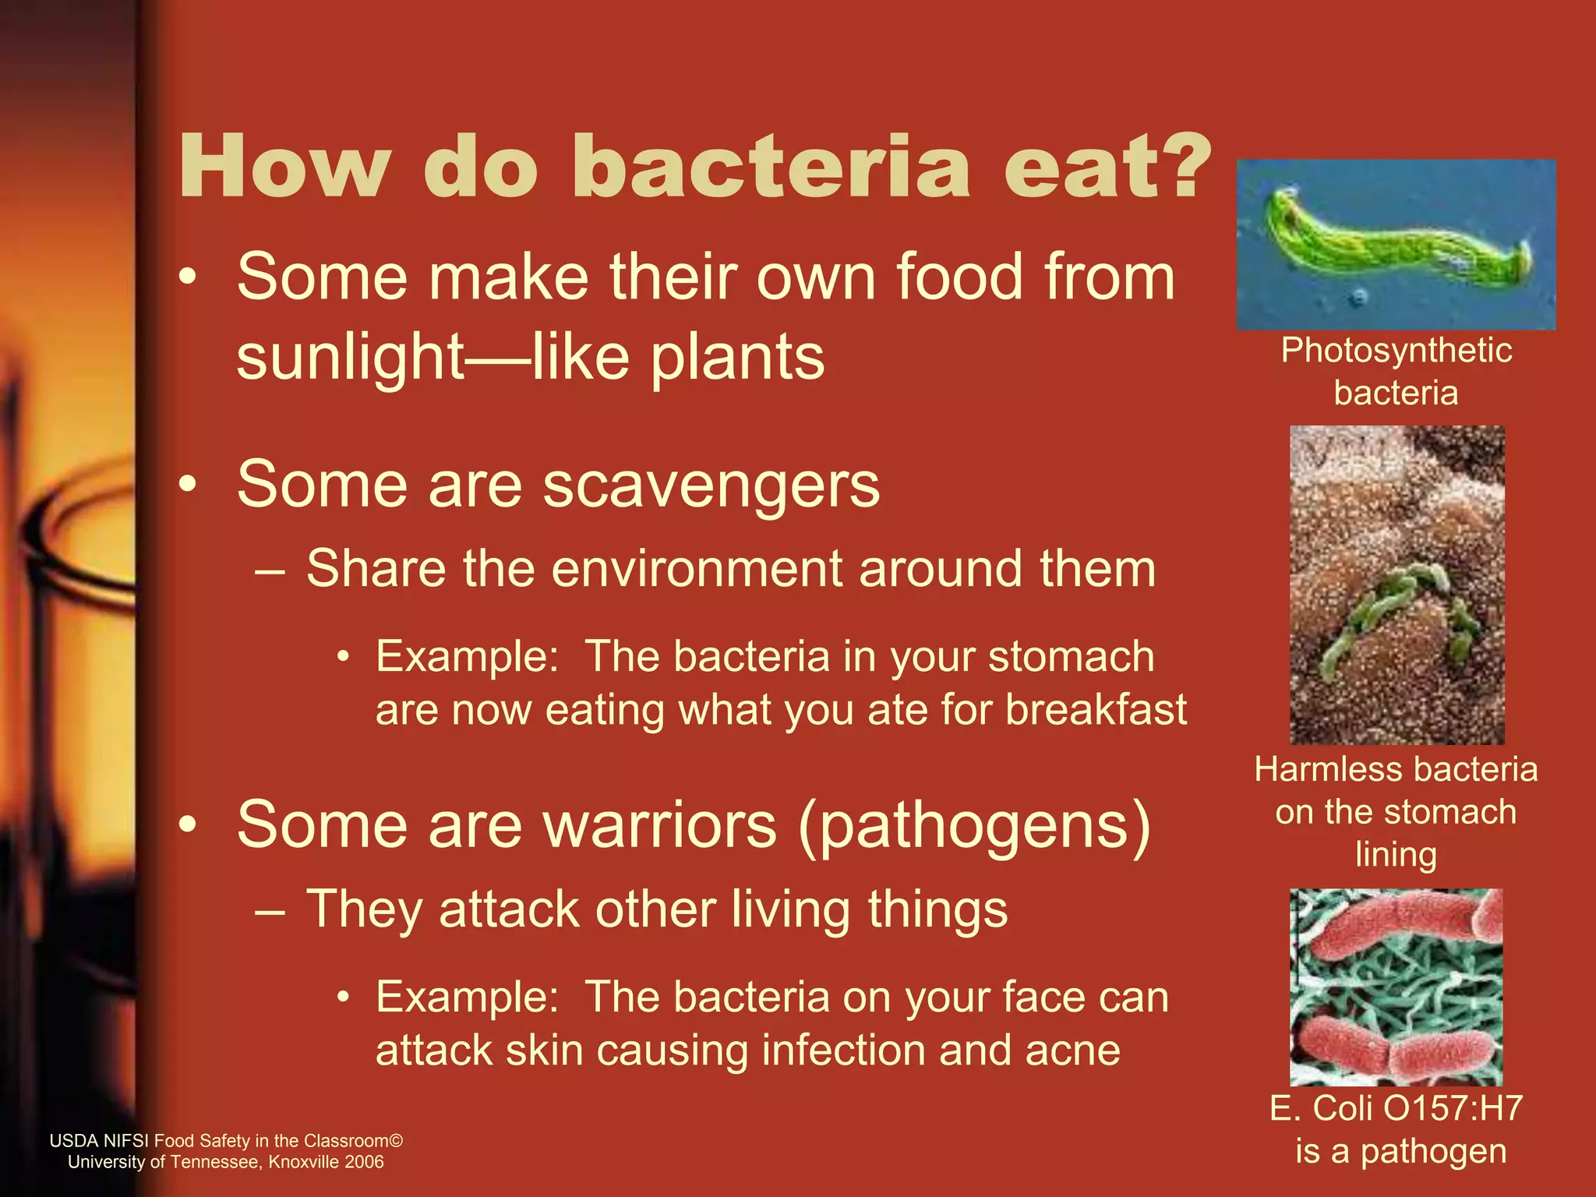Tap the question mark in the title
[x=1180, y=168]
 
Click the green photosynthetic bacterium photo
[x=1396, y=244]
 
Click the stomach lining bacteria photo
[x=1396, y=584]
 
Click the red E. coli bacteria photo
[x=1396, y=987]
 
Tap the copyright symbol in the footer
[x=396, y=1141]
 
